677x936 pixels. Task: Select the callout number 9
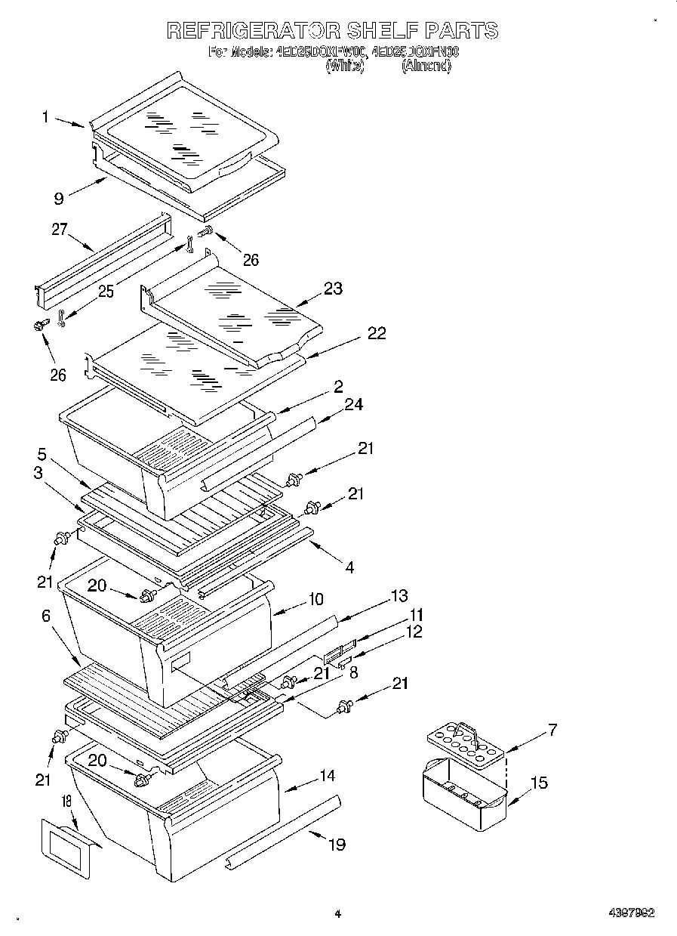(58, 199)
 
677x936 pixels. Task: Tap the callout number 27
(60, 230)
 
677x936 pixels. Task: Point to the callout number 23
(332, 288)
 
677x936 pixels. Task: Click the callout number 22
(376, 333)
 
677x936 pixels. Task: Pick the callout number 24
(353, 405)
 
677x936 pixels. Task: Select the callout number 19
(336, 844)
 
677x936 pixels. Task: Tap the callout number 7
(552, 730)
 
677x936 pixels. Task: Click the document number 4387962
(631, 913)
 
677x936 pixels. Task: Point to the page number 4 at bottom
(337, 914)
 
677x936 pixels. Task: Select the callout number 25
(106, 292)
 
